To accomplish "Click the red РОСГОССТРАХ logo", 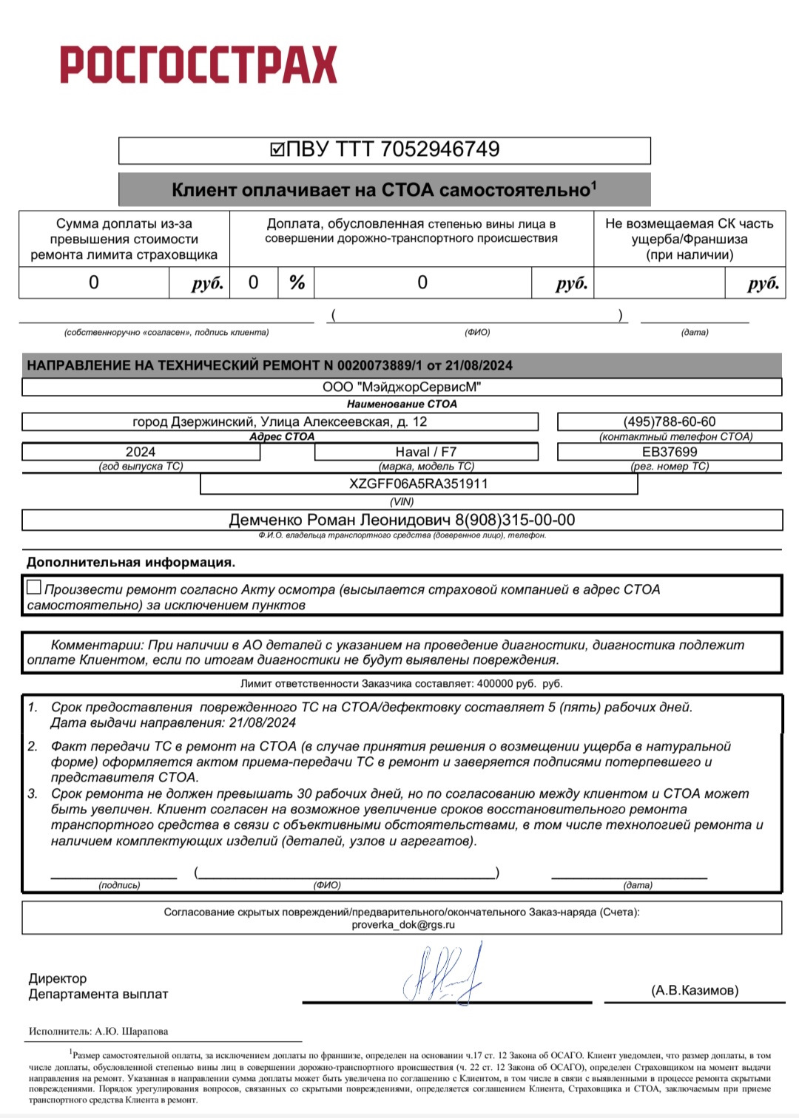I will pos(198,64).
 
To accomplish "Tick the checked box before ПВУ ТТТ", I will pos(277,150).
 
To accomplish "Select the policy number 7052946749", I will pos(439,149).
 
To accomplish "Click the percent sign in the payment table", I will pos(297,282).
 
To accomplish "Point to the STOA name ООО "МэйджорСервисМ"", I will pos(402,387).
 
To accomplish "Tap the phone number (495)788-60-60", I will pos(670,421).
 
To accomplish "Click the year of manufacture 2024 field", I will pos(141,452).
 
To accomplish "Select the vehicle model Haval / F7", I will pos(426,452).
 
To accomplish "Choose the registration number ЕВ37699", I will pos(670,452).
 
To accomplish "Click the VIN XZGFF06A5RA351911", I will pos(419,484).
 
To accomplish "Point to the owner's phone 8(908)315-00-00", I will pos(515,520).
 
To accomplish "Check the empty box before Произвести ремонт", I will pos(34,588).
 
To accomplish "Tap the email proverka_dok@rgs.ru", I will pos(403,925).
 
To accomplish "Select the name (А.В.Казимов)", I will pos(695,991).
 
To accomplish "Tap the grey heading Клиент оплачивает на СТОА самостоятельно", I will pos(384,190).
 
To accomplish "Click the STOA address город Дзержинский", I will pos(280,421).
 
